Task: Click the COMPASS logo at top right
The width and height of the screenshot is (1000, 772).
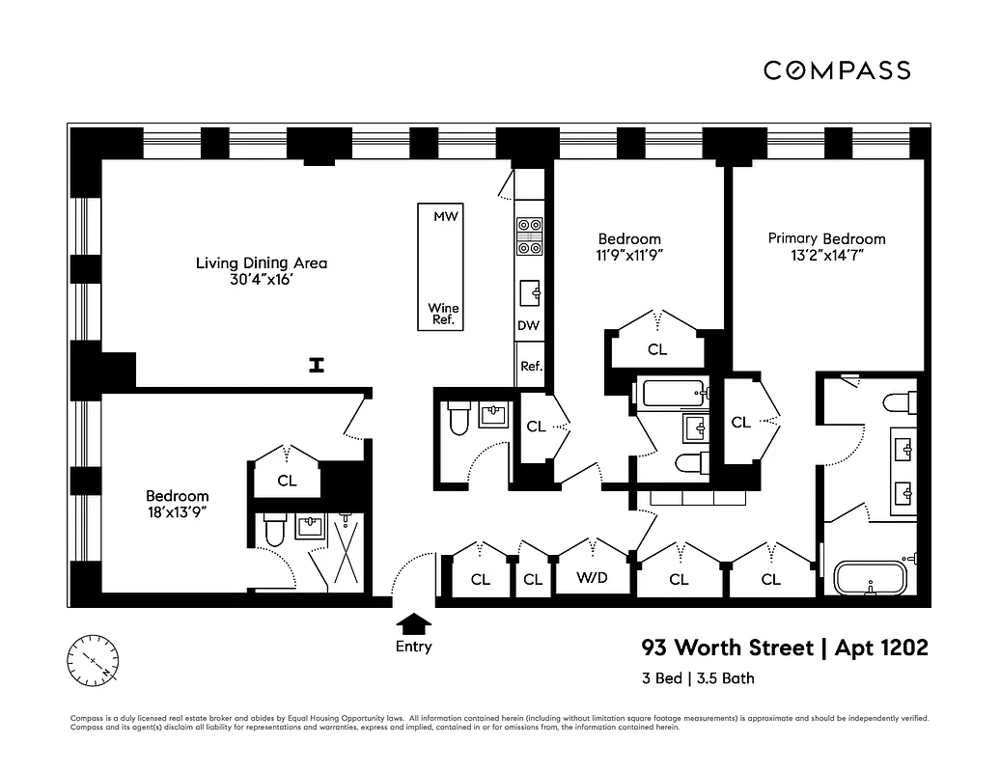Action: click(x=837, y=69)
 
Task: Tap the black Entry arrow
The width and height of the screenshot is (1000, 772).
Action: click(x=414, y=623)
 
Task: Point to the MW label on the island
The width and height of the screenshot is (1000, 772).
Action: click(x=444, y=216)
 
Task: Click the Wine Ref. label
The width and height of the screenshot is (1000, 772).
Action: click(x=444, y=314)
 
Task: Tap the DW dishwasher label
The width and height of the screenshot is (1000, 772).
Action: click(x=528, y=325)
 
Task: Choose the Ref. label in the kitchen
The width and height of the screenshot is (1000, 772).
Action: click(x=531, y=367)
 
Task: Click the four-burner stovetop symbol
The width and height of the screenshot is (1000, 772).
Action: click(x=530, y=235)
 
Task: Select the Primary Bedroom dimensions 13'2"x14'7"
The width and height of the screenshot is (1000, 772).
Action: click(x=826, y=256)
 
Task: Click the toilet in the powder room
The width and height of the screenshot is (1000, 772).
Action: click(x=458, y=418)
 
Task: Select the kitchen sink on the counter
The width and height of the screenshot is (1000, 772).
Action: click(x=530, y=290)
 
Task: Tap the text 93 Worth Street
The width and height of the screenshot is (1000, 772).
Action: click(x=728, y=648)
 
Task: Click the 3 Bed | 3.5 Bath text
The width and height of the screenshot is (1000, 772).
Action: click(x=698, y=677)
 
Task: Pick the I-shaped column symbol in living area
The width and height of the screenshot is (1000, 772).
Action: click(x=315, y=364)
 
